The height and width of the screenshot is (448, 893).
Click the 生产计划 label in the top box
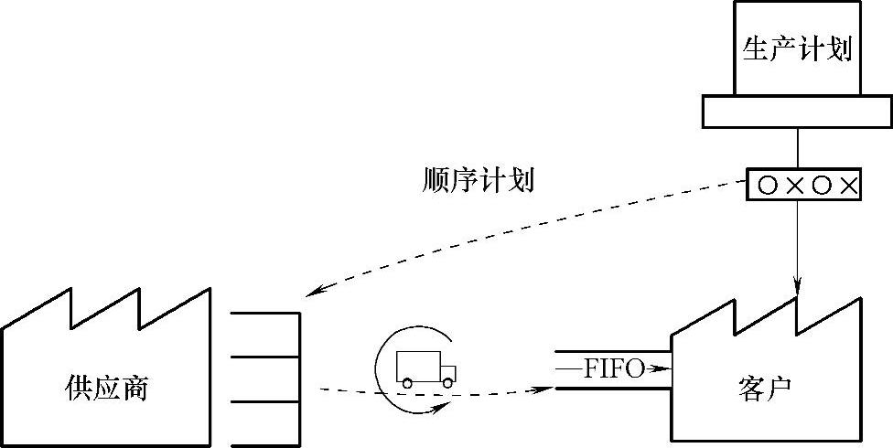click(798, 48)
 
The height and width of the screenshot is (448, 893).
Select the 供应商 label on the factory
click(108, 389)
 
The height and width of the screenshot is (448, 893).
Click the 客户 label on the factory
click(762, 389)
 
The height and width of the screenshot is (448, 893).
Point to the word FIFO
click(614, 369)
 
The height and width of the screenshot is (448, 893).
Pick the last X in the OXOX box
click(848, 186)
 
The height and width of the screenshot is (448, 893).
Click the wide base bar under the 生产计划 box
click(798, 112)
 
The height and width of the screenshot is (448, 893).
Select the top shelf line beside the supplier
click(264, 314)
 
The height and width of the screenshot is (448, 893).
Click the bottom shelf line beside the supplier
click(264, 445)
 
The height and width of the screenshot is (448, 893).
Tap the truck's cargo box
click(417, 366)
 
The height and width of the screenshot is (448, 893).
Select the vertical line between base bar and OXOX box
click(799, 148)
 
